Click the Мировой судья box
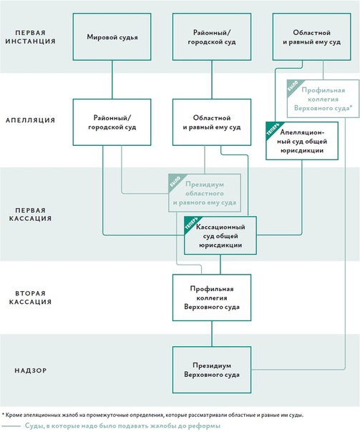pos(112,36)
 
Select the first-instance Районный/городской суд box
pos(212,36)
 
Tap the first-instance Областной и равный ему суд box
pos(312,36)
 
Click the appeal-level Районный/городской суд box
pos(112,122)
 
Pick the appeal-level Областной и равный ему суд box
pos(212,122)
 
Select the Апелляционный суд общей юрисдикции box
pos(302,141)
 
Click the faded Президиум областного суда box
pos(205,193)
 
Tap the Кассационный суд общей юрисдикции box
pos(220,235)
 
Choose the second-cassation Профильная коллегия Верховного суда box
pos(212,298)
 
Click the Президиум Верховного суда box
pos(212,370)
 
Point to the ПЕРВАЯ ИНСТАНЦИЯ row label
pos(30,37)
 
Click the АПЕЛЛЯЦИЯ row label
pos(30,120)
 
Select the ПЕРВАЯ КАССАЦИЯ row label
pos(30,215)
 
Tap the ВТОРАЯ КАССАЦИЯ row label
pos(30,298)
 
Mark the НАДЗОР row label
pos(30,370)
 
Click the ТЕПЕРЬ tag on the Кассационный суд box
pos(191,223)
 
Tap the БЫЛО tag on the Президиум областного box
pos(175,180)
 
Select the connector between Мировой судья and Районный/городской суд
pos(112,79)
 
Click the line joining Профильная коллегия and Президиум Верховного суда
pos(212,333)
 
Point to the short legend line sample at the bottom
pos(11,426)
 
